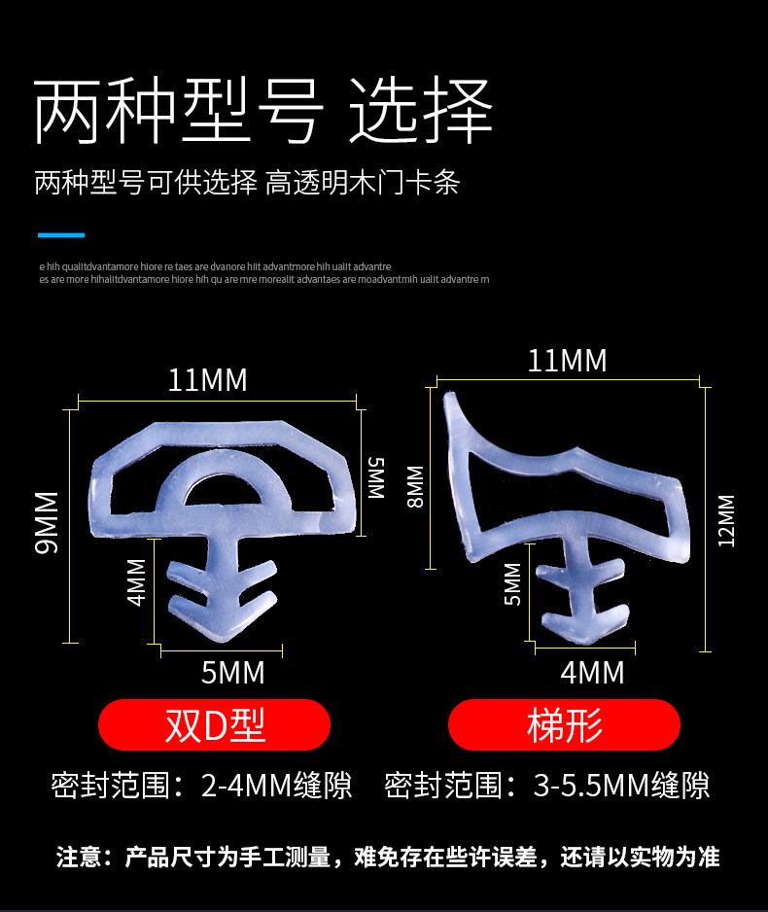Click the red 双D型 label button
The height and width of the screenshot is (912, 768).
(x=215, y=725)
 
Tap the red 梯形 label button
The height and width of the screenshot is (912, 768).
(x=564, y=725)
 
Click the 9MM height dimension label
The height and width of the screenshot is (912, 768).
(x=46, y=522)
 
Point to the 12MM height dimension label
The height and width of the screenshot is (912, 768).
(x=726, y=521)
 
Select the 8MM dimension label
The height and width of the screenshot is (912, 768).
(x=415, y=487)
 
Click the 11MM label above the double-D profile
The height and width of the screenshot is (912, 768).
(x=207, y=380)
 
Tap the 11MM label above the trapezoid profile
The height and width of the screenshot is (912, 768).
(x=567, y=361)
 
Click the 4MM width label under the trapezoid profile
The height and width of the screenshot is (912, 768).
(x=592, y=672)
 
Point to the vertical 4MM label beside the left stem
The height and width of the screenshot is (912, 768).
(x=137, y=581)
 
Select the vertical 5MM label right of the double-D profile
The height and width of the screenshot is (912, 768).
(x=376, y=477)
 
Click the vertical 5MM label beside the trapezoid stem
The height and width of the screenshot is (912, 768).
(x=512, y=583)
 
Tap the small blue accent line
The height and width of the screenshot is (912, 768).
(x=61, y=234)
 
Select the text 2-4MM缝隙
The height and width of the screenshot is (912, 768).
(x=276, y=785)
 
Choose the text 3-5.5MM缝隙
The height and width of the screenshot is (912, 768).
(x=621, y=785)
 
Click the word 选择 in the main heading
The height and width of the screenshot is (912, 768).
(x=420, y=115)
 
